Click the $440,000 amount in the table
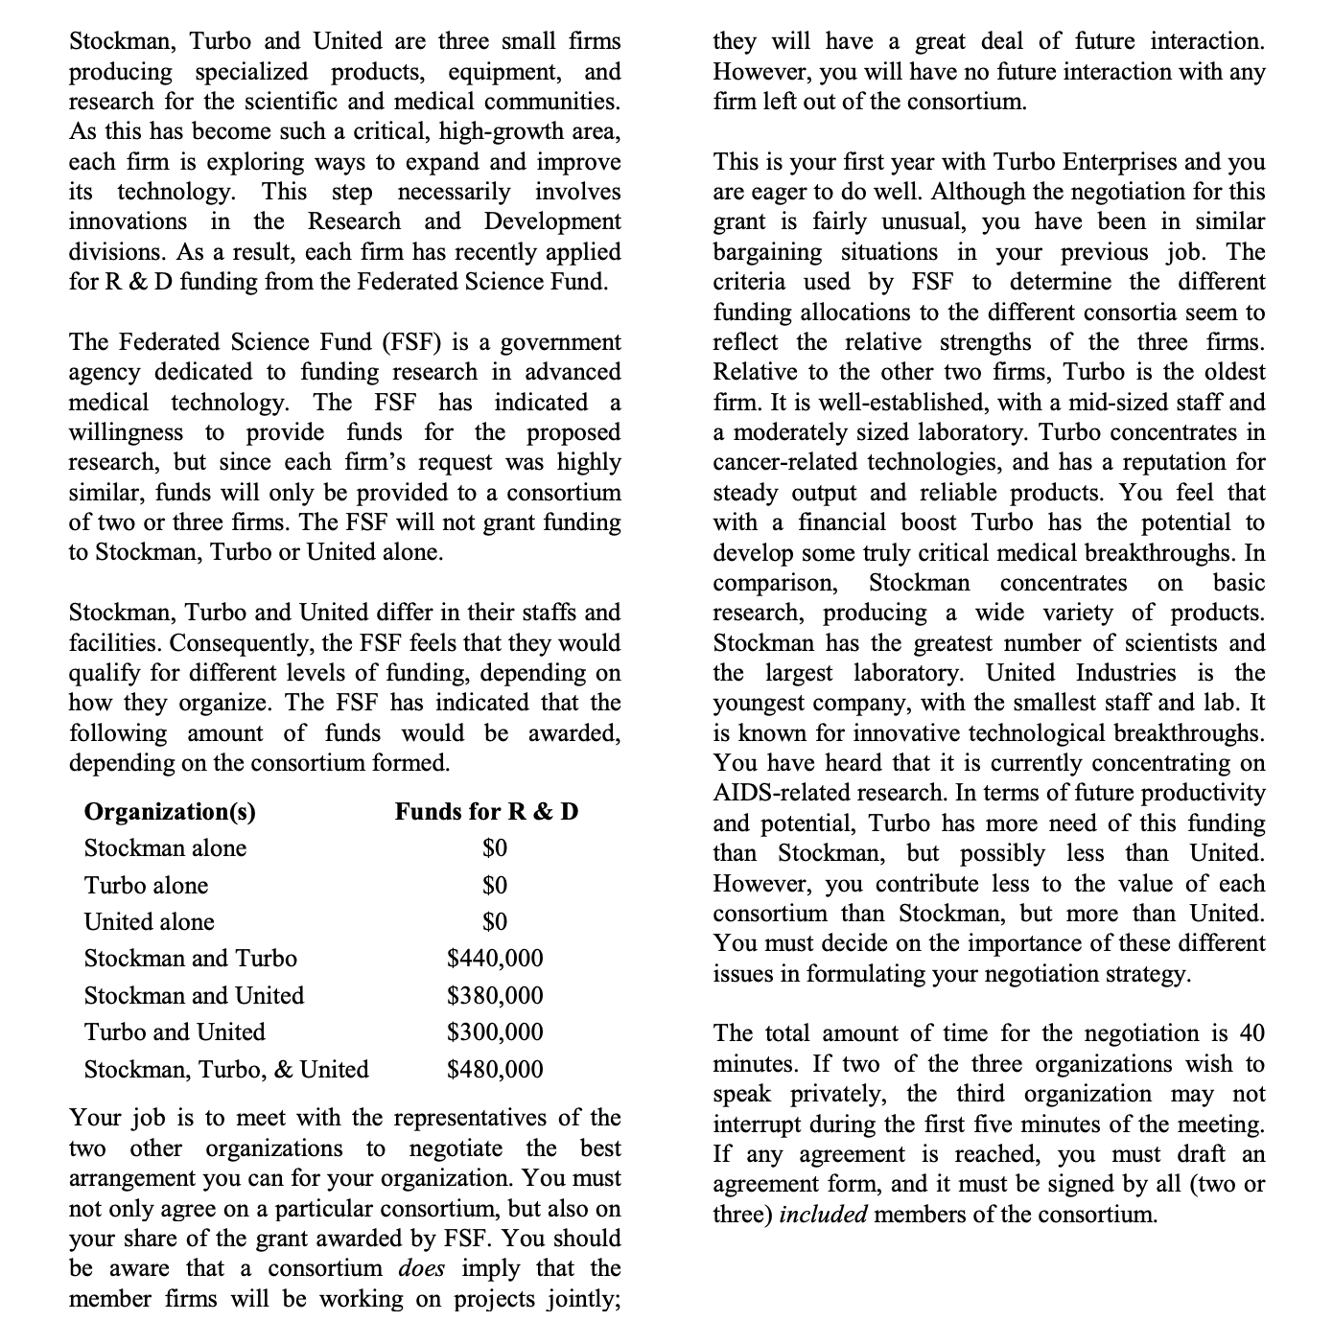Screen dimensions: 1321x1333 pyautogui.click(x=495, y=958)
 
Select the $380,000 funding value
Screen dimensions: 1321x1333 pyautogui.click(x=495, y=995)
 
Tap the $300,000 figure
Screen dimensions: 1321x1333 pyautogui.click(x=495, y=1031)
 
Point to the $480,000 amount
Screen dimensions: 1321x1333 pyautogui.click(x=495, y=1069)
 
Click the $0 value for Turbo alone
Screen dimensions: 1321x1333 pyautogui.click(x=495, y=885)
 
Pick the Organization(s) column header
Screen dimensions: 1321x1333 pyautogui.click(x=170, y=812)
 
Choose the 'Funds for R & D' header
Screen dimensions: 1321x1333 pyautogui.click(x=486, y=812)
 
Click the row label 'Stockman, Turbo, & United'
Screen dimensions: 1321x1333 pyautogui.click(x=226, y=1069)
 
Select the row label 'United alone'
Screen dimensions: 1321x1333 pyautogui.click(x=149, y=921)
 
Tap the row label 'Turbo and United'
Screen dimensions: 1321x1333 pyautogui.click(x=175, y=1031)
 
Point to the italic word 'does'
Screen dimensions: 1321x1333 pyautogui.click(x=421, y=1268)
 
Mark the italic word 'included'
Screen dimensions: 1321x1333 pyautogui.click(x=823, y=1215)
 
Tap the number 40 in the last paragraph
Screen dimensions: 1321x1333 pyautogui.click(x=1251, y=1033)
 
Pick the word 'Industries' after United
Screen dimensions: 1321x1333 pyautogui.click(x=1126, y=672)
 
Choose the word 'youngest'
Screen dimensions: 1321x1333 pyautogui.click(x=762, y=703)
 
